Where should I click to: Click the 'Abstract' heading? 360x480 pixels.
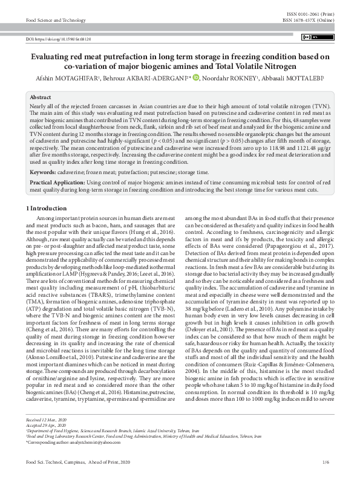point(41,97)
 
